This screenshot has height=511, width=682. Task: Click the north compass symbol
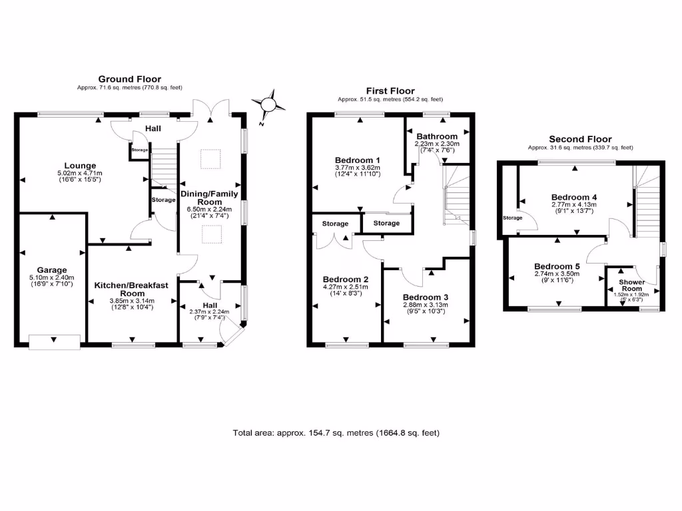[269, 105]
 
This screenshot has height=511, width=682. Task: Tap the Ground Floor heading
[130, 79]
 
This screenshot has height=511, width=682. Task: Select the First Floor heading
[390, 90]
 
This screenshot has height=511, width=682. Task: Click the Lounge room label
[80, 166]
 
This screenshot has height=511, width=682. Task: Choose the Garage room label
[52, 270]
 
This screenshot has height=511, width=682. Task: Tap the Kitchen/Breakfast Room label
[131, 289]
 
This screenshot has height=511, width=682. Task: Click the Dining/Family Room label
[210, 198]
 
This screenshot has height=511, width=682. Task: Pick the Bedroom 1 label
[357, 160]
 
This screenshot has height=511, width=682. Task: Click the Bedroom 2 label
[345, 279]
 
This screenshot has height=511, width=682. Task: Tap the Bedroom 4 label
[574, 197]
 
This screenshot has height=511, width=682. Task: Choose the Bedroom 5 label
[557, 266]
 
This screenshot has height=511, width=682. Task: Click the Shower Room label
[632, 285]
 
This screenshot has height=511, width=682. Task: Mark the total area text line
[336, 432]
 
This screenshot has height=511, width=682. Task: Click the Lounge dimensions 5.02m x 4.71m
[80, 174]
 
